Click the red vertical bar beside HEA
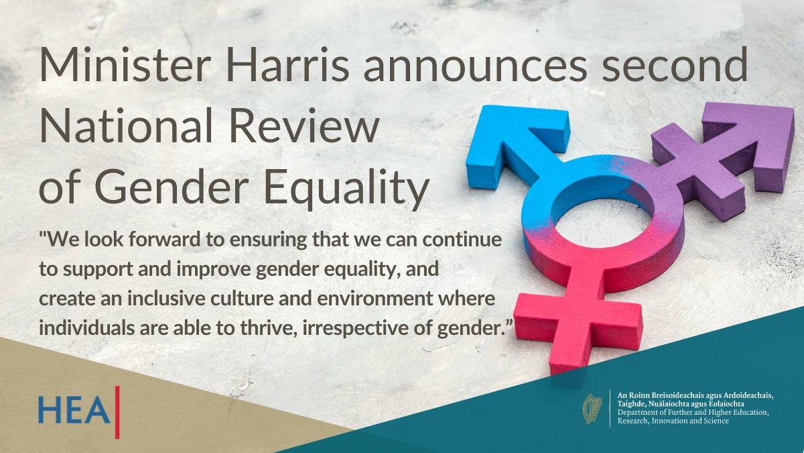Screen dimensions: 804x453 [x=118, y=411]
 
